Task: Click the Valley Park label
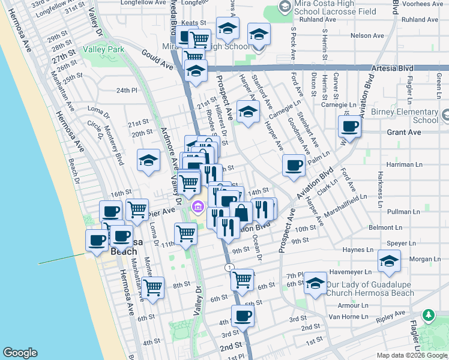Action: [103, 49]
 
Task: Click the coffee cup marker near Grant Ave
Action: [349, 127]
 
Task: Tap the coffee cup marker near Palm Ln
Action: [294, 165]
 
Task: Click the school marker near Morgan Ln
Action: [389, 261]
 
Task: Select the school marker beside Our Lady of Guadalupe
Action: [315, 283]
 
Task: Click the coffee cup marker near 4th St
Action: [243, 316]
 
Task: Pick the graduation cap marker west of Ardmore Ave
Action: [148, 160]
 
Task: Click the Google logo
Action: [20, 353]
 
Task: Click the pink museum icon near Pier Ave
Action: [197, 208]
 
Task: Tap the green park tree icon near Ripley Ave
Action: [428, 314]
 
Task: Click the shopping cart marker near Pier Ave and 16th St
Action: [137, 210]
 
